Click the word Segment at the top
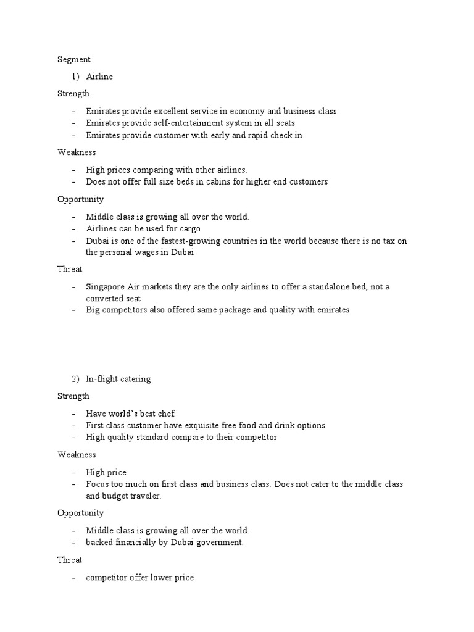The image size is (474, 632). (x=74, y=60)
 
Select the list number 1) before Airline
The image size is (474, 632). (x=76, y=77)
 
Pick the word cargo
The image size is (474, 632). (x=188, y=228)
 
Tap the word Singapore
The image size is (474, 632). (x=106, y=287)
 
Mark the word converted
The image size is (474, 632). (x=104, y=298)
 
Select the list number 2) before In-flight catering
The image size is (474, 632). (x=76, y=379)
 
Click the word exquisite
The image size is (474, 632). (x=193, y=425)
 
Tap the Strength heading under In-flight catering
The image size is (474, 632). (x=73, y=396)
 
